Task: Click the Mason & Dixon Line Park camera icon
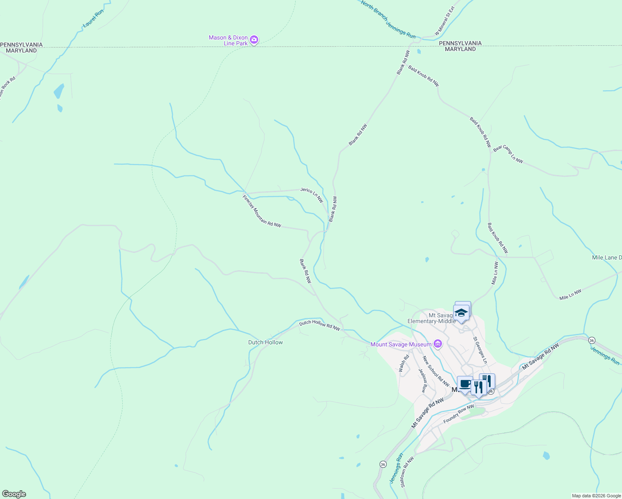(x=254, y=40)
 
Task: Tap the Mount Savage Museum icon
(x=437, y=344)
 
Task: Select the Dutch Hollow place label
(x=265, y=342)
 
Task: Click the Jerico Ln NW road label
(x=312, y=195)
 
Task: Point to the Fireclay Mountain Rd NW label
(x=262, y=211)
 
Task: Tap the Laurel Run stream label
(x=93, y=19)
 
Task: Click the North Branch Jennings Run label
(x=388, y=19)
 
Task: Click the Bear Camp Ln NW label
(x=508, y=154)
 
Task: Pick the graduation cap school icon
(x=461, y=313)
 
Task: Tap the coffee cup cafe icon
(x=464, y=383)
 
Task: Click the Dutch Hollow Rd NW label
(x=319, y=325)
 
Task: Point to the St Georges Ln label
(x=479, y=350)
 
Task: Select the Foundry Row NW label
(x=459, y=414)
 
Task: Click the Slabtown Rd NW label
(x=407, y=472)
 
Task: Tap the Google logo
(x=14, y=494)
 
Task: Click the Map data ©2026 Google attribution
(x=596, y=496)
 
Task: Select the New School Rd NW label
(x=436, y=371)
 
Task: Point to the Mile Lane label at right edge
(x=607, y=258)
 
